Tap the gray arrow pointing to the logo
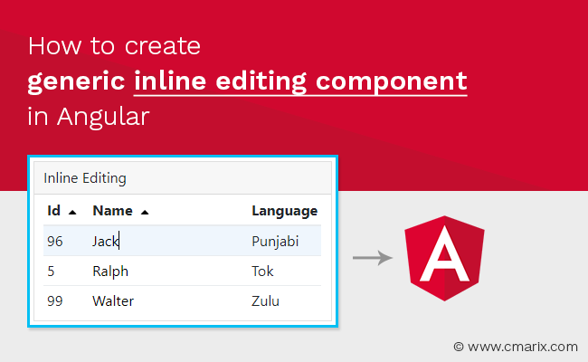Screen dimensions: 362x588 click(372, 259)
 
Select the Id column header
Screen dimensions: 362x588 click(54, 211)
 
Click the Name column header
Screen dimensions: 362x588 click(112, 211)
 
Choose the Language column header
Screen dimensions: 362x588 click(284, 211)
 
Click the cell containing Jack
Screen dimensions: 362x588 click(106, 241)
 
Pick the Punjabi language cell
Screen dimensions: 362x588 click(275, 241)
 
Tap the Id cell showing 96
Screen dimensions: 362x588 click(54, 241)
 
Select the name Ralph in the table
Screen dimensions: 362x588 click(110, 271)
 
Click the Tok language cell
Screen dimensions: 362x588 click(262, 271)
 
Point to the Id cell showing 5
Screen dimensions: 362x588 click(51, 271)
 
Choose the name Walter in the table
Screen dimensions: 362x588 click(114, 300)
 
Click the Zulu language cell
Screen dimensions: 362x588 click(265, 300)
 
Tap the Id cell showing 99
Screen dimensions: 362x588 click(54, 300)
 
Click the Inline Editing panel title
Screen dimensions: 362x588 click(85, 177)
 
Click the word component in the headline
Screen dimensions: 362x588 click(394, 81)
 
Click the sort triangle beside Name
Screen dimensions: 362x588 click(145, 212)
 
